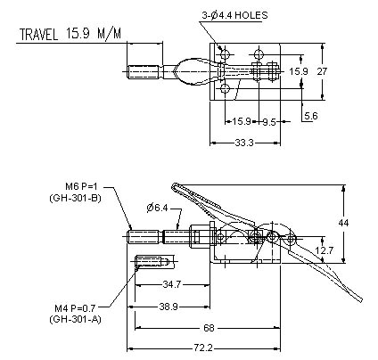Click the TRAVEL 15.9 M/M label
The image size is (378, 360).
[70, 34]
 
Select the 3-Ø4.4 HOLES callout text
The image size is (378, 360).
[234, 15]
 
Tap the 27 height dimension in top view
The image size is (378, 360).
[322, 71]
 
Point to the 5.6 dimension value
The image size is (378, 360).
[311, 116]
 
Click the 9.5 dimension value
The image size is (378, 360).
[269, 122]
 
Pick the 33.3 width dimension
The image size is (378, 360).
[244, 143]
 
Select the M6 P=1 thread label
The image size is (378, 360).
[81, 186]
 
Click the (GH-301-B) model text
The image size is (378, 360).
[76, 198]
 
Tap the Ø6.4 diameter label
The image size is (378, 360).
[157, 208]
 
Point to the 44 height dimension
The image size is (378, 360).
[343, 223]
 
